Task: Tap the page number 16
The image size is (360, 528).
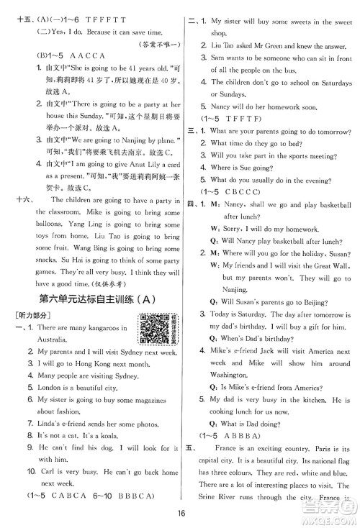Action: (180, 514)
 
